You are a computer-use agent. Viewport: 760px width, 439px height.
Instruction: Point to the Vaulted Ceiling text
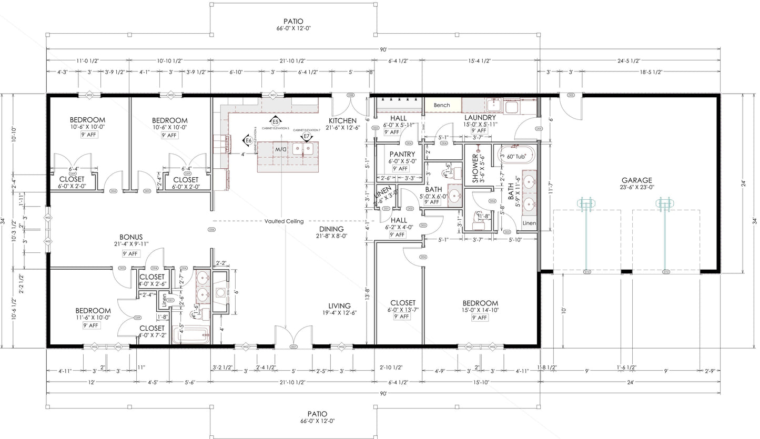(284, 221)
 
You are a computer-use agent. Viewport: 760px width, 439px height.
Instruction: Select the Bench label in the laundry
(442, 105)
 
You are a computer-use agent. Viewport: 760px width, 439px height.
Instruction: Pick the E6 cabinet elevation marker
(248, 140)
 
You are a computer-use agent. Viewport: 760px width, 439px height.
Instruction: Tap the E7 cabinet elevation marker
(306, 137)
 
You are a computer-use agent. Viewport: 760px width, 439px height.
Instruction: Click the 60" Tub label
(514, 156)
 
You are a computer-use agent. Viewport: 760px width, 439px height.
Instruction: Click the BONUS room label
(131, 237)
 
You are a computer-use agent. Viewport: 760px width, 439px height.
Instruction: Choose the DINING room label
(331, 229)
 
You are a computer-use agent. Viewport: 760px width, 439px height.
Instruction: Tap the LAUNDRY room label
(480, 117)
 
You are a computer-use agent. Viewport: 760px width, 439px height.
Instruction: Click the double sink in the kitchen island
(304, 149)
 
